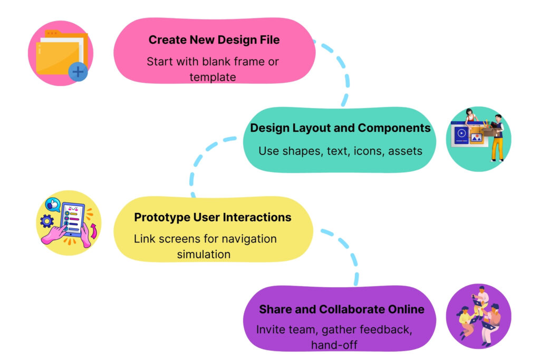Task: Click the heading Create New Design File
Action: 214,40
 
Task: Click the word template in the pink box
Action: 213,77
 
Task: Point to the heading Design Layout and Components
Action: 340,128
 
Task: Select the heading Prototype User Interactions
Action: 213,217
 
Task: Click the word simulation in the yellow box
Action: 204,254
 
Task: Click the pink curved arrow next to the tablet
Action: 93,230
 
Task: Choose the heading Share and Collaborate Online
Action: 341,309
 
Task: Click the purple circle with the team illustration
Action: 478,316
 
